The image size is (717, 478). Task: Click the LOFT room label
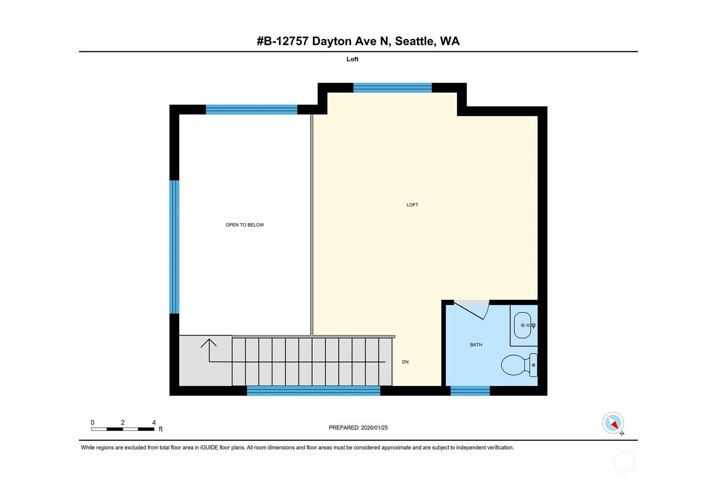coord(412,205)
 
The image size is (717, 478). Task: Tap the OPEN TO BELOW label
coord(244,225)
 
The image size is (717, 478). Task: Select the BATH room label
coord(476,345)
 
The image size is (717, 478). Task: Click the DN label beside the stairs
coord(405,362)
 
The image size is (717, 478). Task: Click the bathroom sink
coord(523,325)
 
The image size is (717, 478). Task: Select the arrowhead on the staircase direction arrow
coord(208,343)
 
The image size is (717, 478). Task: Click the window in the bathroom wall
coord(470,391)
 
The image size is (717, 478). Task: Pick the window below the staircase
coord(313,391)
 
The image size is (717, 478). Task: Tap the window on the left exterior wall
coord(174,247)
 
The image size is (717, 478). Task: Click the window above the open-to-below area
coord(252,110)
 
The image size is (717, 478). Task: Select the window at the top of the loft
coord(392,88)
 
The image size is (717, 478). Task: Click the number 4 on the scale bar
coord(154,423)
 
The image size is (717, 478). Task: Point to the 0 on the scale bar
coord(93,423)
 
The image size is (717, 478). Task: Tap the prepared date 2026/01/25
coord(375,428)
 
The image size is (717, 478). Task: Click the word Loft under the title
coord(352,59)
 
